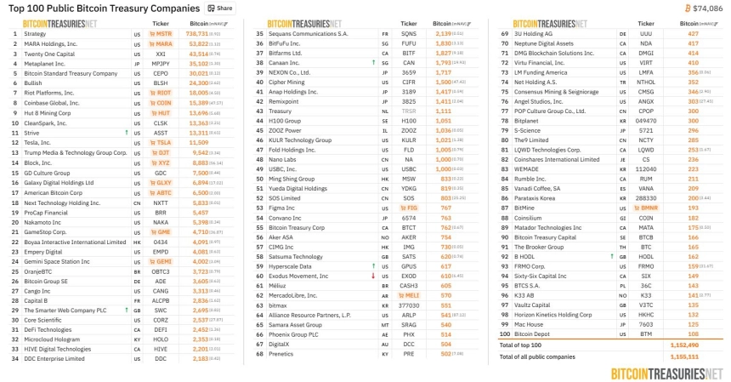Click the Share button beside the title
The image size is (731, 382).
coord(221,8)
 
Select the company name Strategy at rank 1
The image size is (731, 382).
coord(36,33)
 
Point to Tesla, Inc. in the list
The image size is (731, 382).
coord(40,142)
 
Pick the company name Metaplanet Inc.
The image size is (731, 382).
coord(46,63)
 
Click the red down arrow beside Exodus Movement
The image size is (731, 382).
coord(372,276)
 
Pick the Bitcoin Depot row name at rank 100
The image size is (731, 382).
coord(535,334)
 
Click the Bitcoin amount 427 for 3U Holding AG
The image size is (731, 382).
coord(670,33)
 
